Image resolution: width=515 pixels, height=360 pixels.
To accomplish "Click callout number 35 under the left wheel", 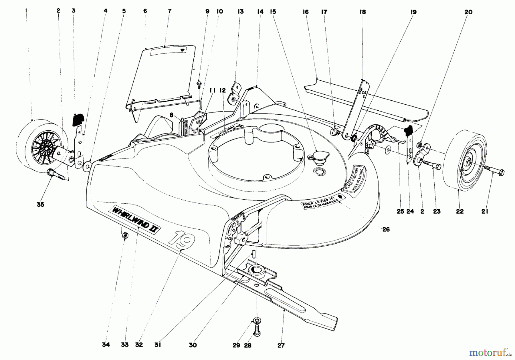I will [x=40, y=205].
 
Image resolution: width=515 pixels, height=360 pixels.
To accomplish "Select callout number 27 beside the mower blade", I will [x=281, y=345].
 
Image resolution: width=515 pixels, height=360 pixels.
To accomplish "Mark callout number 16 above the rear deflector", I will [x=306, y=12].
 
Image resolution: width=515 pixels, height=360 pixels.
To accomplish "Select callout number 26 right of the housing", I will [x=386, y=229].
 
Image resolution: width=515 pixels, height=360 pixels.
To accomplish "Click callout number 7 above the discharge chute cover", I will [x=169, y=11].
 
